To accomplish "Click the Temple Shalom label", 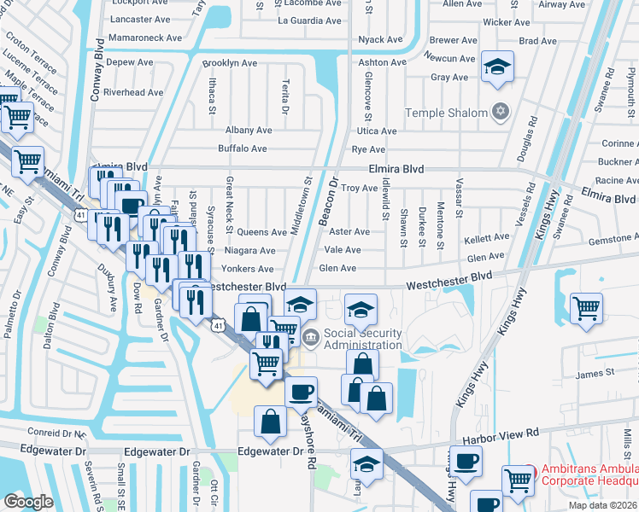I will (x=445, y=113).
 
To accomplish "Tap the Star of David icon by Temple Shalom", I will (x=501, y=112).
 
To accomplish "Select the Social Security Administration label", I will (x=362, y=338).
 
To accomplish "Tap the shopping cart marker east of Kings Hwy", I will (x=586, y=307).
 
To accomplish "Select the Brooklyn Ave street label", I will (x=229, y=63).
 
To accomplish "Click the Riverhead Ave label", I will (x=132, y=92).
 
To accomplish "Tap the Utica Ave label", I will (x=376, y=131).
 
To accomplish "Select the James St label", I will (x=595, y=373).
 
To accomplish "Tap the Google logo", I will (x=28, y=502).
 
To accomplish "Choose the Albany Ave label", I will (x=248, y=131).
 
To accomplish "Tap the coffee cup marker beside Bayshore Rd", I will (x=301, y=392).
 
